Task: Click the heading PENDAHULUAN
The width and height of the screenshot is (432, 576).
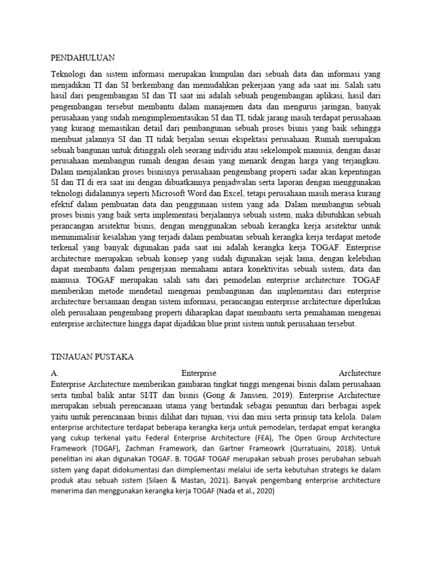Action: tap(83, 57)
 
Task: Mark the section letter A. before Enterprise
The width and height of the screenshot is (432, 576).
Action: tap(55, 373)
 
